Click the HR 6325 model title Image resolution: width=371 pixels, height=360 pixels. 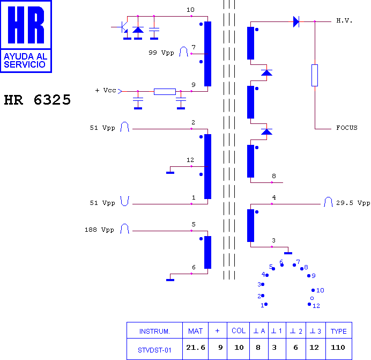pyautogui.click(x=38, y=100)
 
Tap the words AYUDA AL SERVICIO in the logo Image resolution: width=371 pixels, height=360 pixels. pyautogui.click(x=25, y=61)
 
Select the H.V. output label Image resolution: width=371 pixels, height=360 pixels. pyautogui.click(x=344, y=21)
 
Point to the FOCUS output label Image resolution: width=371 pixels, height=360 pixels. pyautogui.click(x=347, y=128)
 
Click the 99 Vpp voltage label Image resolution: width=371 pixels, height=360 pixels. pyautogui.click(x=161, y=53)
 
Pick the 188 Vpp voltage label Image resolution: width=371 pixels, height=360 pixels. pyautogui.click(x=99, y=230)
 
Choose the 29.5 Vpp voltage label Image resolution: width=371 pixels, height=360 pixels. pyautogui.click(x=353, y=203)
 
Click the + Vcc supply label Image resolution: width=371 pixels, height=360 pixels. pyautogui.click(x=106, y=90)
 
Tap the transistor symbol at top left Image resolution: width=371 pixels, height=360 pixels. pyautogui.click(x=121, y=27)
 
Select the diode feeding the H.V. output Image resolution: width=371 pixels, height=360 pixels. pyautogui.click(x=296, y=21)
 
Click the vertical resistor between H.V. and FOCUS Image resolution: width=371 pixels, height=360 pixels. pyautogui.click(x=315, y=75)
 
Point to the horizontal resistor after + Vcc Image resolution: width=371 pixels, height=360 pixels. pyautogui.click(x=165, y=92)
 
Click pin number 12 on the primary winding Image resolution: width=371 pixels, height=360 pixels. pyautogui.click(x=190, y=160)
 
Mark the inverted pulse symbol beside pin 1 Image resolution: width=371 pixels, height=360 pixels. pyautogui.click(x=124, y=201)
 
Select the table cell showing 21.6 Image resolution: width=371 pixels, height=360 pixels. pyautogui.click(x=196, y=348)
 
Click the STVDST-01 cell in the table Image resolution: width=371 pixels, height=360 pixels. pyautogui.click(x=154, y=350)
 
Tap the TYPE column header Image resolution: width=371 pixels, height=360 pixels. pyautogui.click(x=339, y=331)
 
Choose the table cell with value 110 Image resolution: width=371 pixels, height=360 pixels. pyautogui.click(x=338, y=348)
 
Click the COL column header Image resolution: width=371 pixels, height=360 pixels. pyautogui.click(x=239, y=330)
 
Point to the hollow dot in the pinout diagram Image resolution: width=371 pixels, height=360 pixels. pyautogui.click(x=312, y=298)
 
